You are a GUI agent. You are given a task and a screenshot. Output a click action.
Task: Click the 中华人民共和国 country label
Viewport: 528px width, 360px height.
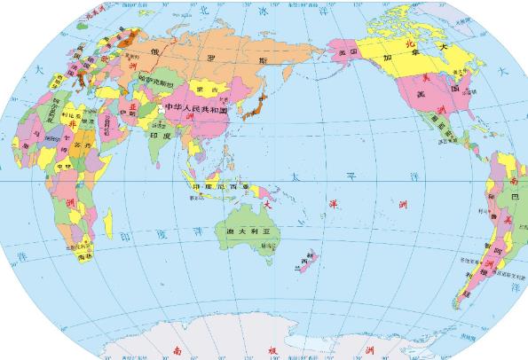(196, 108)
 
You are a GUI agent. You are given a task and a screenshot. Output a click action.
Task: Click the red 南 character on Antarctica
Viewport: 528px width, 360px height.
(177, 348)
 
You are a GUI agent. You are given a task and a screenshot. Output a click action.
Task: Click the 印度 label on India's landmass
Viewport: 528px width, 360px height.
(160, 137)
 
